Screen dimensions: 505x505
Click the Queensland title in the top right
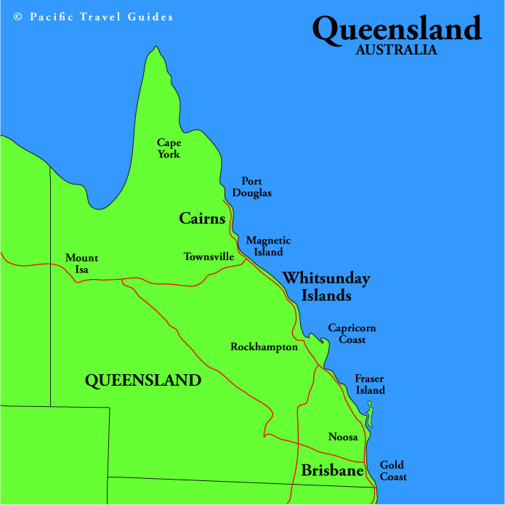[397, 29]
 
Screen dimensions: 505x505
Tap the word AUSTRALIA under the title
[397, 51]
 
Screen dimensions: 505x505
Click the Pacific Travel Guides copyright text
[101, 17]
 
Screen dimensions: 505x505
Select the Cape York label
[169, 148]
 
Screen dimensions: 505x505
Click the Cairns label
[202, 218]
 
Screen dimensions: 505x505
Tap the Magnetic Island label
[268, 246]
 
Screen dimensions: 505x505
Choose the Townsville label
[209, 256]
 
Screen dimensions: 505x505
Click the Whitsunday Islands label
[326, 286]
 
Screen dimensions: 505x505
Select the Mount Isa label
[81, 264]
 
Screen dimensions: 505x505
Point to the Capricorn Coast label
[352, 334]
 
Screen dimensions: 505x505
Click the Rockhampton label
[264, 347]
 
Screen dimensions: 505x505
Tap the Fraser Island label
[370, 384]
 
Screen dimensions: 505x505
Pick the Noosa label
[343, 437]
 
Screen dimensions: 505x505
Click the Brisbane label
[332, 471]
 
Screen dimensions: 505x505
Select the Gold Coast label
[393, 471]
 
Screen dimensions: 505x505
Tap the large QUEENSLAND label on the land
[142, 379]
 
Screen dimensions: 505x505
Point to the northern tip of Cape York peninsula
[154, 49]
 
